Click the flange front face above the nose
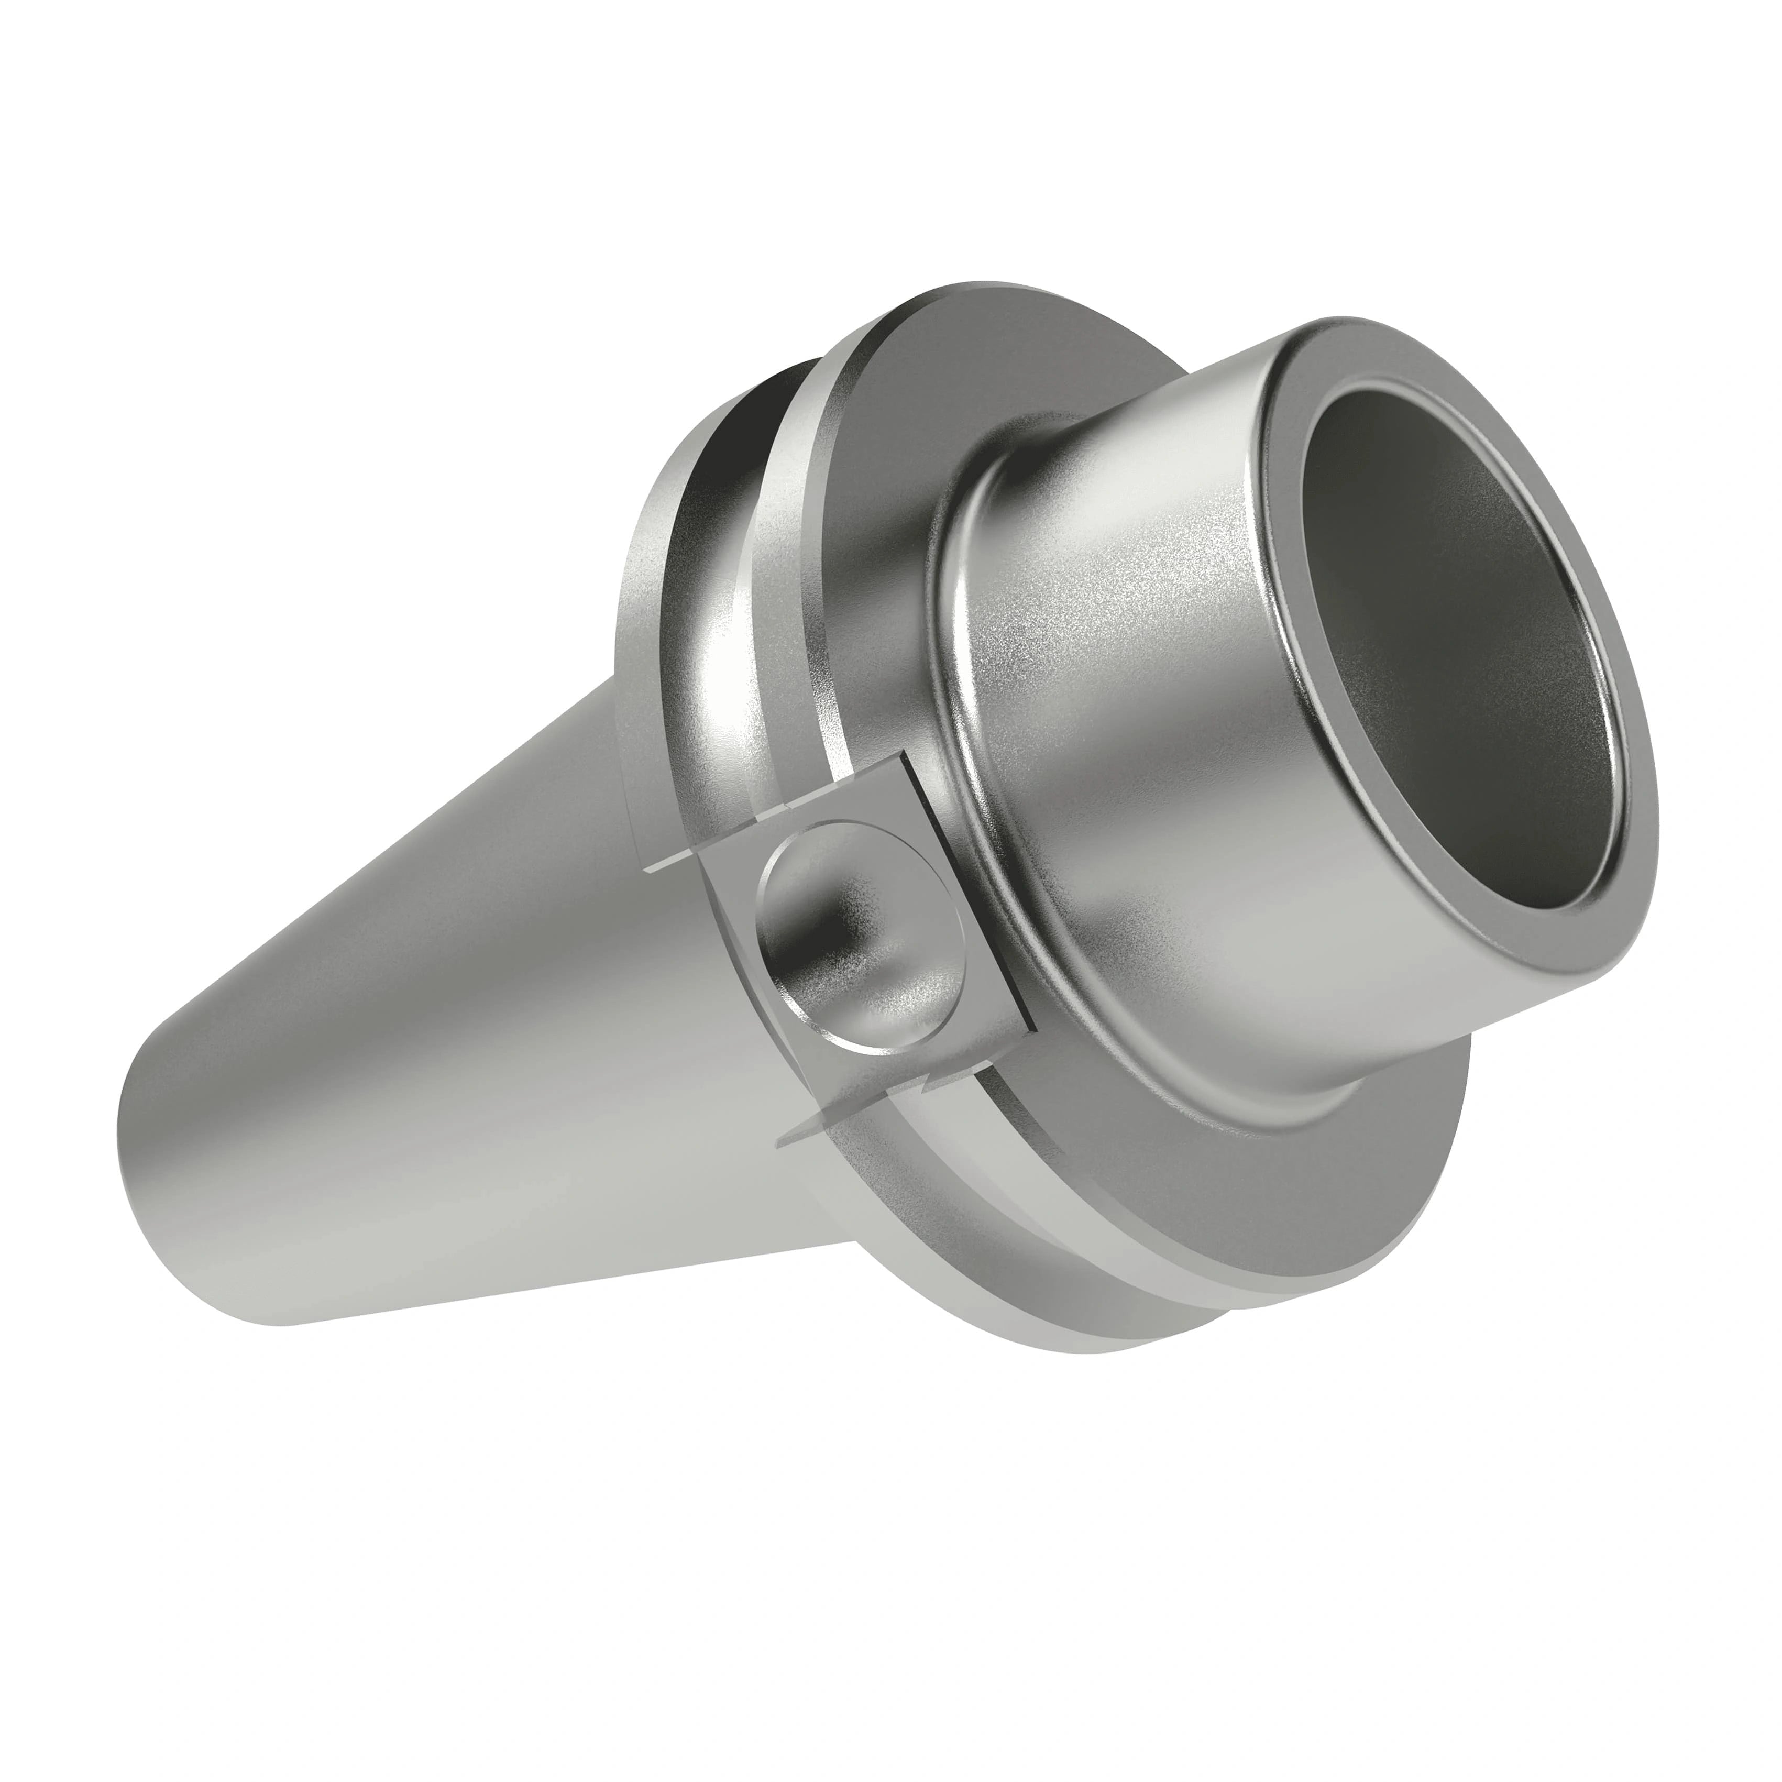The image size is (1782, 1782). (922, 369)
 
